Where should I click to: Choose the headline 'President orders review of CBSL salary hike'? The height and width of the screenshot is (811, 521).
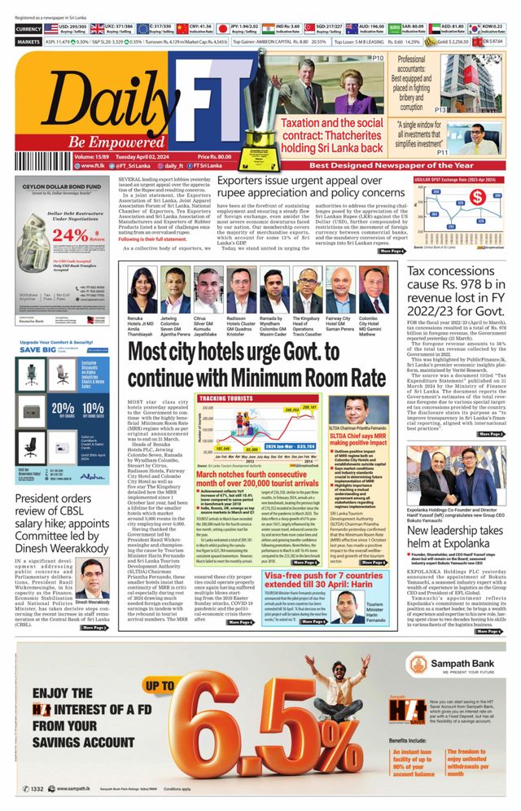coord(62,518)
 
